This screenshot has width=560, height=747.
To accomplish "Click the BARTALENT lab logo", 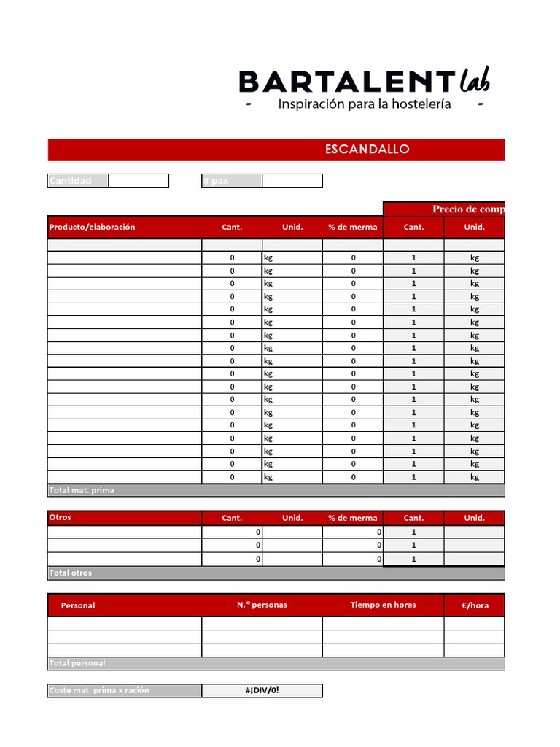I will tap(365, 81).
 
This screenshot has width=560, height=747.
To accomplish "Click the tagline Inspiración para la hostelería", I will tap(365, 104).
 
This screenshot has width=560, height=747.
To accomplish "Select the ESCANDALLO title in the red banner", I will tap(367, 150).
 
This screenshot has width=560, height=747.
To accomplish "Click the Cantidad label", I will tap(71, 181).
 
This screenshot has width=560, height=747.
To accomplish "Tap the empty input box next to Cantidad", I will tap(139, 181).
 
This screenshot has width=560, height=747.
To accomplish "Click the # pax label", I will tap(216, 181).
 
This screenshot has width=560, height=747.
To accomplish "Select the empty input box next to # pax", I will tap(292, 181).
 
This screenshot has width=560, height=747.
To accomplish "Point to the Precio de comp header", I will tap(467, 209).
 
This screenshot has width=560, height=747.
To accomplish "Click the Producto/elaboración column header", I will tap(92, 227).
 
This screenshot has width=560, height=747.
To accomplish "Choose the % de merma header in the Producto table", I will tap(353, 227).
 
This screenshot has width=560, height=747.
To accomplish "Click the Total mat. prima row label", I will tap(82, 490).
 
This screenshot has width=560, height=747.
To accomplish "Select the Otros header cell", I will tap(61, 517).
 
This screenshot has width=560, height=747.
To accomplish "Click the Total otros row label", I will tap(71, 573).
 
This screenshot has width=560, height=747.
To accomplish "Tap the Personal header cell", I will tap(78, 605).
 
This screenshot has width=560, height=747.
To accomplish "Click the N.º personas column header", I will tap(262, 605).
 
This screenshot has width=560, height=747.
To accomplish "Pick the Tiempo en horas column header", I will tap(383, 605).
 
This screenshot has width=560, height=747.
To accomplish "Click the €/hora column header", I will tap(475, 605).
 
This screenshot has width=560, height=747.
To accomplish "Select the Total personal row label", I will tap(77, 663).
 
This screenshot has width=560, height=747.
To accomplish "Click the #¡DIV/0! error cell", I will tap(262, 690).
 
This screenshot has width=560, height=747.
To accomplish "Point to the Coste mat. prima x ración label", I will tap(98, 690).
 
